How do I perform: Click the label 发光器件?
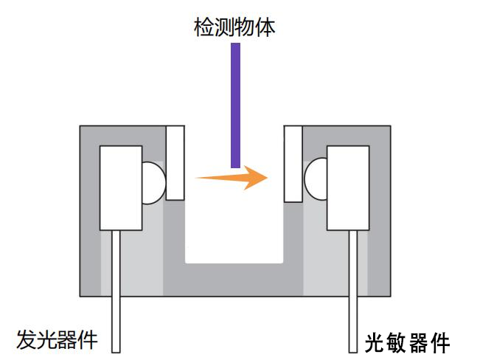(x=57, y=340)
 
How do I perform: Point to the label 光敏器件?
(x=407, y=342)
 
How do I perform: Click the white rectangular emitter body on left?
(x=120, y=187)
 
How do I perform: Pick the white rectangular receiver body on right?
(x=348, y=187)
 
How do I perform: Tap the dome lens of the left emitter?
(x=153, y=182)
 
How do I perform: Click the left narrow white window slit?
(x=175, y=163)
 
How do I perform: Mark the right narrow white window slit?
(x=293, y=163)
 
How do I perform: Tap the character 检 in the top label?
(x=201, y=27)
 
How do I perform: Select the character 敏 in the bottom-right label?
(x=397, y=342)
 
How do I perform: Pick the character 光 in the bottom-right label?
(x=375, y=342)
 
